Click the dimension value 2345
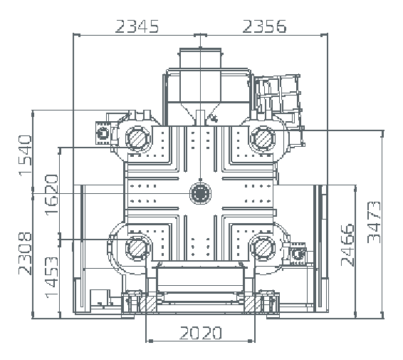point(137,26)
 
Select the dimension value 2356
point(264,26)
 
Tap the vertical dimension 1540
point(25,155)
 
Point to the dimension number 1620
point(51,195)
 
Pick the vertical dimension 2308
point(25,254)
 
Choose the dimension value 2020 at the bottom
point(201,333)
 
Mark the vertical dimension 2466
point(347,245)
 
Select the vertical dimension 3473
point(374,222)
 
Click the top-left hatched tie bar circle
point(137,138)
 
